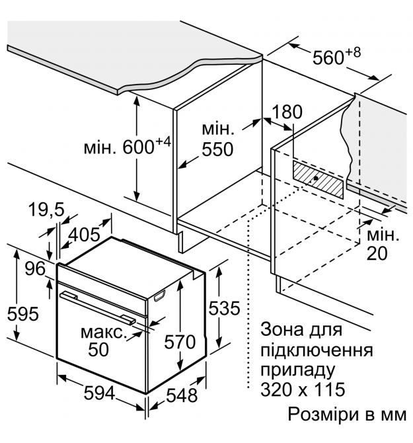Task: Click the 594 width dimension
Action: coord(99,393)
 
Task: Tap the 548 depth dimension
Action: coord(182,395)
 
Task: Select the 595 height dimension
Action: coord(22,313)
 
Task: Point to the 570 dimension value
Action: coord(180,342)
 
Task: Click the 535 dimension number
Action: coord(224,308)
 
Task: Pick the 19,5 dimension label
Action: coord(46,210)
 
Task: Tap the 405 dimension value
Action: coord(85,234)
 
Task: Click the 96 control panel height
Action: coord(35,268)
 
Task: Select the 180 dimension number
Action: coord(287,112)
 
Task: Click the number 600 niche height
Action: coord(138,147)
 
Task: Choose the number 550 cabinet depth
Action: coord(217,149)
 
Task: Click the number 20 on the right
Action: coord(377,253)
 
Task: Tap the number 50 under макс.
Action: coord(98,350)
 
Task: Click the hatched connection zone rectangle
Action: coord(319,179)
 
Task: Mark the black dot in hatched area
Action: coord(316,178)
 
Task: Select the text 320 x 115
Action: coord(303,389)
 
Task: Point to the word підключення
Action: coord(317,350)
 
